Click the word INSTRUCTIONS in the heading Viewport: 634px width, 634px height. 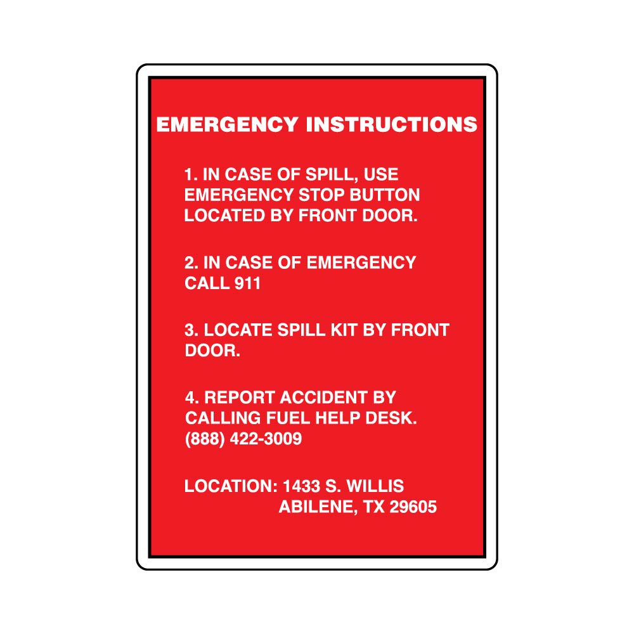click(391, 124)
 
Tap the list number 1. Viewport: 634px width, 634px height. click(190, 175)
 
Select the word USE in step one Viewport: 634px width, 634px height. click(381, 175)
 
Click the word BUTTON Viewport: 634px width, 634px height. click(385, 195)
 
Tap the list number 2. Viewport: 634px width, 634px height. click(191, 263)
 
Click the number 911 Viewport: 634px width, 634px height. click(247, 283)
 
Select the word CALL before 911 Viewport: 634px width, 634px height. click(207, 283)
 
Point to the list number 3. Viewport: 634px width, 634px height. click(191, 330)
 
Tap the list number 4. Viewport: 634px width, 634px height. click(192, 398)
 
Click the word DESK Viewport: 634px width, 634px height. click(391, 418)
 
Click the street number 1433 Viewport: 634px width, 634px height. click(301, 486)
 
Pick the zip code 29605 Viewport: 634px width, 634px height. click(413, 507)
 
